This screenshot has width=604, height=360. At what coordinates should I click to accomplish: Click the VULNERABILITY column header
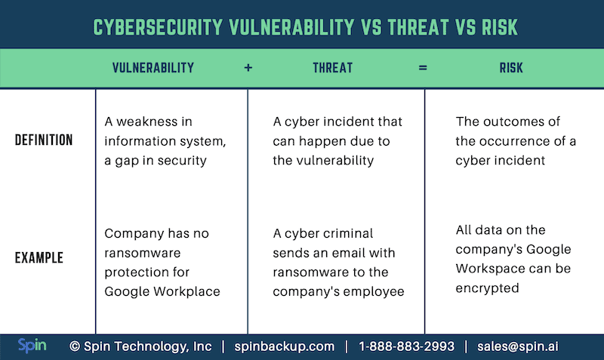point(153,68)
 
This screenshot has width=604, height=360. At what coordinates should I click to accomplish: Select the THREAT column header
point(332,68)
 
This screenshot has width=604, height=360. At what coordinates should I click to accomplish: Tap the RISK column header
point(511,68)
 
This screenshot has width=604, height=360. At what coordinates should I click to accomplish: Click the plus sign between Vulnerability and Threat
point(248,68)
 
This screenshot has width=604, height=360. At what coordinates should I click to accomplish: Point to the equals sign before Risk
point(423,68)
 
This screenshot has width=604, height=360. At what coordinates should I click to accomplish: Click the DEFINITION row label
point(44,140)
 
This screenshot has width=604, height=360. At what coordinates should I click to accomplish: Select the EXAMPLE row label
point(39,258)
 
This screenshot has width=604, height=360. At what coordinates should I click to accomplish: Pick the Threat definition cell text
point(337,140)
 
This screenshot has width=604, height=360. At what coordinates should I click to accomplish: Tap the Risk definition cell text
point(515,140)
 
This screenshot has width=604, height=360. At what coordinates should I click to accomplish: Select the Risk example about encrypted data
point(513,258)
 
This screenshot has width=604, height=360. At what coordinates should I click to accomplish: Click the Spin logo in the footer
point(32,346)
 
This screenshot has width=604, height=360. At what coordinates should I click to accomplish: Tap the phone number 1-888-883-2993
point(406,346)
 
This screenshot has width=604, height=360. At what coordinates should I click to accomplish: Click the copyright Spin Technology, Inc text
point(140,346)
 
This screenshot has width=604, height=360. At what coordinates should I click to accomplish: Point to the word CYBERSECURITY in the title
point(159,27)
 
